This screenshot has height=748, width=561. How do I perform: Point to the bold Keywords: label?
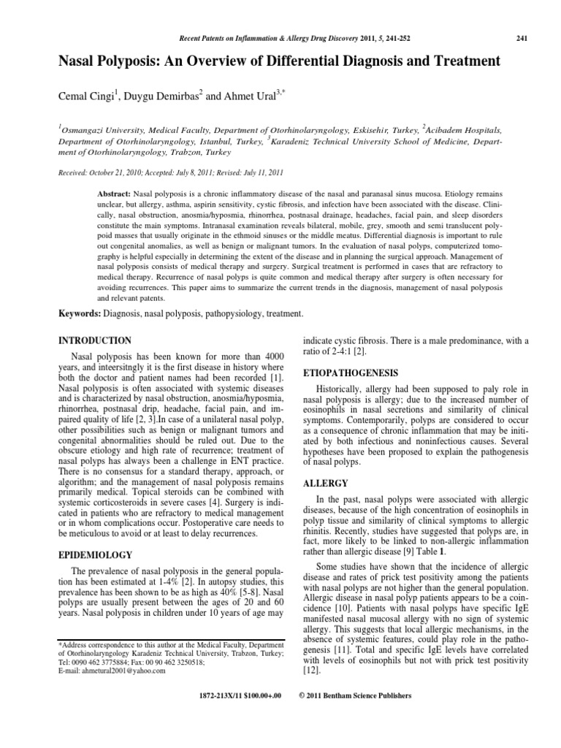(x=82, y=313)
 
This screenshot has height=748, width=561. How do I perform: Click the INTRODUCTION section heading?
(x=95, y=341)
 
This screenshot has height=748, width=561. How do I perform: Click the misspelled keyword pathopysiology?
(x=232, y=313)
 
